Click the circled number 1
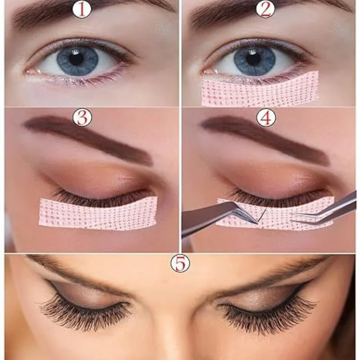click(x=81, y=9)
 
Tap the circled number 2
click(x=265, y=9)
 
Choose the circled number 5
click(x=180, y=264)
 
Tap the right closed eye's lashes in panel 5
click(x=270, y=313)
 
